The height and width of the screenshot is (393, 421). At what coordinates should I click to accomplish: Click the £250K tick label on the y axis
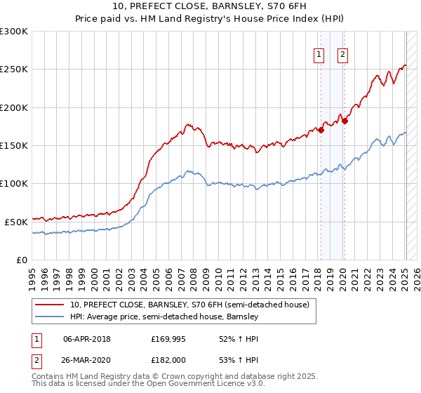[13, 69]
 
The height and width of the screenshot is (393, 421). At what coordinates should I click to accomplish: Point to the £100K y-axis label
[13, 183]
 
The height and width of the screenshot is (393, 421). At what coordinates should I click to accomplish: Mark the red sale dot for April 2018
[321, 130]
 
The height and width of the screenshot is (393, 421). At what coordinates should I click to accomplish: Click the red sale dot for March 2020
[345, 121]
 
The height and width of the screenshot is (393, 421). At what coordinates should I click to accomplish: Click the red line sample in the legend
[51, 305]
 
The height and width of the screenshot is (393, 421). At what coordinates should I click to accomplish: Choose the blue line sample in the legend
[51, 317]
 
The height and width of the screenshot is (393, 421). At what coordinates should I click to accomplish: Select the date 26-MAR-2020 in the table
[87, 360]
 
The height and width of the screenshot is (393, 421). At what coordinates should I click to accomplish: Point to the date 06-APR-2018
[87, 339]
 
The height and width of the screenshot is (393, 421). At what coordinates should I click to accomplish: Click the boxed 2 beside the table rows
[37, 360]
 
